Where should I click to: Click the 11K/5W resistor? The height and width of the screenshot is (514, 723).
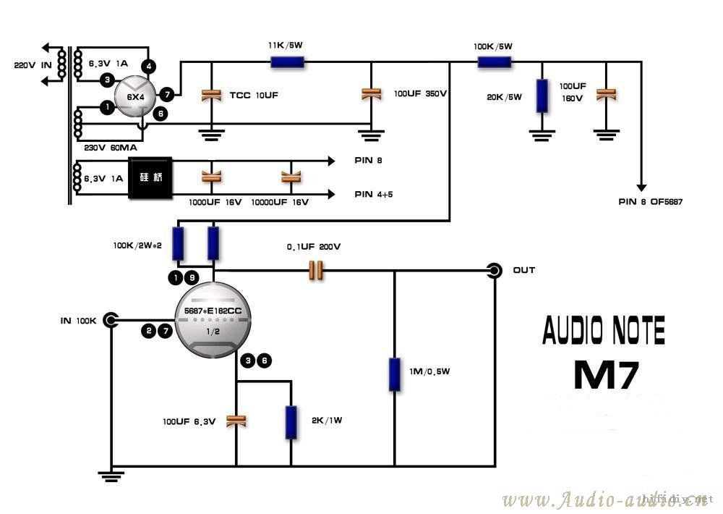[x=287, y=62]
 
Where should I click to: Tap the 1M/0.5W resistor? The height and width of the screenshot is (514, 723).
[x=394, y=374]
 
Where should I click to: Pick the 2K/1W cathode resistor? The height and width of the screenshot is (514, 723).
[x=291, y=422]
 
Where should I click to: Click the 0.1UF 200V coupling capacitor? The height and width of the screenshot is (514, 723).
[x=315, y=271]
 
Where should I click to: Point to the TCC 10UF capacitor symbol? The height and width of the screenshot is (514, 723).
[x=211, y=94]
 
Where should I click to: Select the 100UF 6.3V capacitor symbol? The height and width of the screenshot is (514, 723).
[x=236, y=421]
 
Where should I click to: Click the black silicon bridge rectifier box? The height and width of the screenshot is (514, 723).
[x=150, y=177]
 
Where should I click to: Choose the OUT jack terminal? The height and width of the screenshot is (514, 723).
[x=495, y=271]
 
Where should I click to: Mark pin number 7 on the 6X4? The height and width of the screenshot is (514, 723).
[x=167, y=94]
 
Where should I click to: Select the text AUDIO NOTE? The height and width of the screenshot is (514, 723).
[x=604, y=330]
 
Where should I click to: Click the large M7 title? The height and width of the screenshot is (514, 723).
[x=606, y=374]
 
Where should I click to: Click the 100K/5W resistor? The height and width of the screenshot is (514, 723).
[x=495, y=62]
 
